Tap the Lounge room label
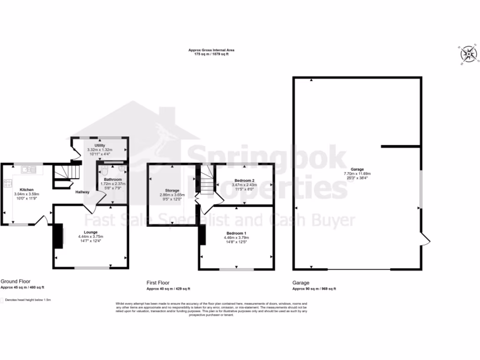pyautogui.click(x=90, y=232)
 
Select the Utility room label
pyautogui.click(x=99, y=146)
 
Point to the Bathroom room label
pyautogui.click(x=113, y=180)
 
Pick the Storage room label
pyautogui.click(x=172, y=190)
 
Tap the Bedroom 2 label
pyautogui.click(x=244, y=180)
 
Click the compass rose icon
pyautogui.click(x=468, y=54)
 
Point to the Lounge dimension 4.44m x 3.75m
pyautogui.click(x=90, y=237)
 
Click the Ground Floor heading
pyautogui.click(x=15, y=282)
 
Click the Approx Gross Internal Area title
pyautogui.click(x=211, y=50)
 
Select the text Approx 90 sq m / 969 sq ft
pyautogui.click(x=314, y=289)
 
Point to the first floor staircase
pyautogui.click(x=204, y=180)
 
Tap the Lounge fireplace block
pyautogui.click(x=58, y=236)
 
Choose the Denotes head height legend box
pyautogui.click(x=2, y=300)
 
